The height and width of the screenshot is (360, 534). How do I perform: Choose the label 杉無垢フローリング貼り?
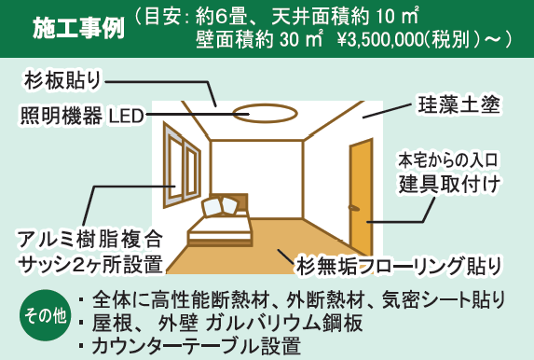tap(399, 262)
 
